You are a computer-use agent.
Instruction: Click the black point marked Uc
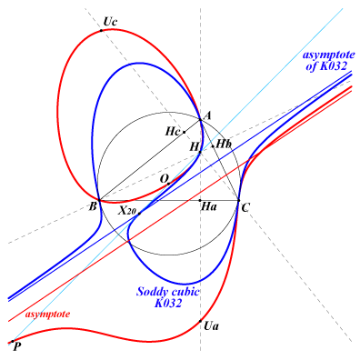coord(101,31)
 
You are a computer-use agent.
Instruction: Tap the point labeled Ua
coord(200,321)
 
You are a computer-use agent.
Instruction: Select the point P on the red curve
coord(13,342)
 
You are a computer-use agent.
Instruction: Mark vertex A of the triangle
coord(200,120)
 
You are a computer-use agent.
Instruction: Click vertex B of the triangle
coord(100,200)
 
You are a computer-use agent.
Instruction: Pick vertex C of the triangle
coord(239,200)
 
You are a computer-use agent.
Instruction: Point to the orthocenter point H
coord(200,152)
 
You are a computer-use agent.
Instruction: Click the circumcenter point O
coord(169,184)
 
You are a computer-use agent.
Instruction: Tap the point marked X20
coord(139,214)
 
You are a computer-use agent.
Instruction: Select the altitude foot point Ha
coord(200,200)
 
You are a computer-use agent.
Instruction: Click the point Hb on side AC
coord(213,146)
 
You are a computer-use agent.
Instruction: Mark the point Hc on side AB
coord(184,132)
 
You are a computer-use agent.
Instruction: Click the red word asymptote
coord(47,315)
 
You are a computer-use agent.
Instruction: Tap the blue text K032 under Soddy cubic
coord(168,303)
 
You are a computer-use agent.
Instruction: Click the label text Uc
coord(110,22)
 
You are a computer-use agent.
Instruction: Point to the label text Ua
coord(211,326)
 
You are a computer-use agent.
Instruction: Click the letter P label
coord(17,347)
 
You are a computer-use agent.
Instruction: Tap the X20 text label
coord(127,211)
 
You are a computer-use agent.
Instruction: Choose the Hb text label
coord(224,144)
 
